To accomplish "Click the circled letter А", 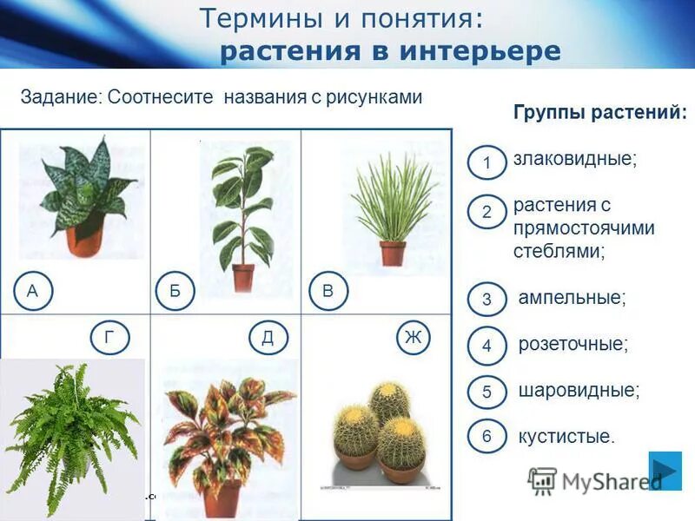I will (32, 292).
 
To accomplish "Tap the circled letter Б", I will (175, 292).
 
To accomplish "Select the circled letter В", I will (328, 292).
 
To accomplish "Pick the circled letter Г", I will (109, 338).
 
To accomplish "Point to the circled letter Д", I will (267, 338).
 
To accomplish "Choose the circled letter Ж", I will (412, 338).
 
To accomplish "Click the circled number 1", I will (486, 163).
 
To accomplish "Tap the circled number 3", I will (486, 300).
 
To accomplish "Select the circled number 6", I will (486, 437).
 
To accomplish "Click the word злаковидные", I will (574, 160).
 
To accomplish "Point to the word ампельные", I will (572, 297).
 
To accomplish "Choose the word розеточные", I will (573, 344).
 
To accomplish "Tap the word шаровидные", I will (579, 390).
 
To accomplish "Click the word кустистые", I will (566, 436).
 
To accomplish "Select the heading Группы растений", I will (599, 113).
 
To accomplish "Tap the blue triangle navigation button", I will (665, 471).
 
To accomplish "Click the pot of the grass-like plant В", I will (393, 253).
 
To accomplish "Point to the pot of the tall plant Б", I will (243, 277).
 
